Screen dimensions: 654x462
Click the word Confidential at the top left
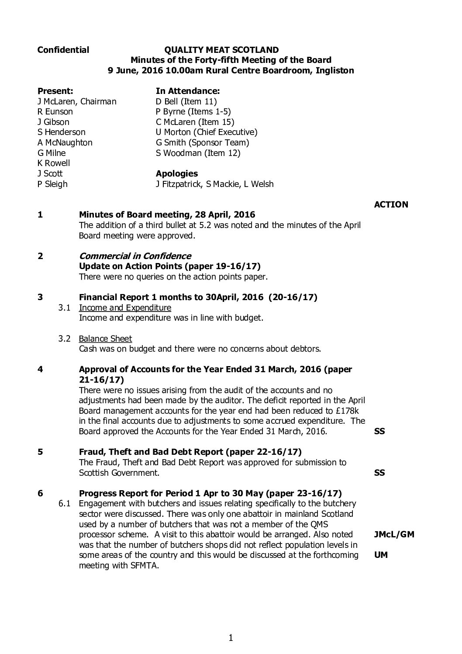(x=63, y=50)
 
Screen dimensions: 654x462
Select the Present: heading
(x=55, y=91)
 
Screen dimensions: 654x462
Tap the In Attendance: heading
(x=188, y=91)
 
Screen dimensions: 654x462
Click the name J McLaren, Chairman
(x=77, y=101)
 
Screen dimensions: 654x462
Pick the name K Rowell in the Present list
(x=54, y=163)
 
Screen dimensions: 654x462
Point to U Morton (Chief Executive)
(x=207, y=132)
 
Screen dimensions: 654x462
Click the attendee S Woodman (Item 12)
(x=198, y=153)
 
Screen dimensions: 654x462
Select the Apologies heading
(x=177, y=173)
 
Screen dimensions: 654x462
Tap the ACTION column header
(x=391, y=204)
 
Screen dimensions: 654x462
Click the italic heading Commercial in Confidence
(x=135, y=256)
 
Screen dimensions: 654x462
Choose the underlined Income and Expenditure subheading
(x=125, y=308)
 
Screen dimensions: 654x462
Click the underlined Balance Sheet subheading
(x=105, y=339)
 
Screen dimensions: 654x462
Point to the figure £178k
(x=351, y=411)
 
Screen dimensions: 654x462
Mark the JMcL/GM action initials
(x=394, y=534)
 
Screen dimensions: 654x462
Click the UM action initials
(x=381, y=555)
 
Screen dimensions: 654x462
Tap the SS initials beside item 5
(x=380, y=473)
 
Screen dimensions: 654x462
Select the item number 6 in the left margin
(x=41, y=493)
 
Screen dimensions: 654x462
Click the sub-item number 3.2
(x=65, y=339)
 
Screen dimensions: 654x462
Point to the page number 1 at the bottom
(x=231, y=638)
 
